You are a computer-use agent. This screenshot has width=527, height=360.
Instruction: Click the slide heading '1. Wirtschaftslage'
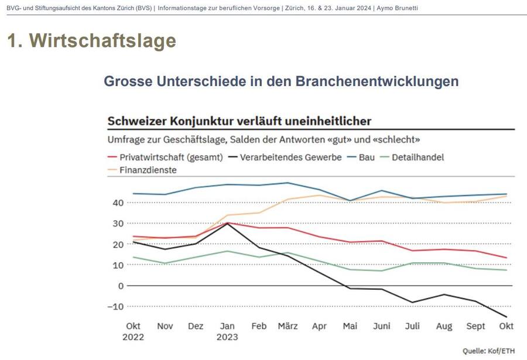pos(91,40)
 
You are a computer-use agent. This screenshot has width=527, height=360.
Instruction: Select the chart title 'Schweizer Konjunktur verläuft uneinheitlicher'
pos(239,121)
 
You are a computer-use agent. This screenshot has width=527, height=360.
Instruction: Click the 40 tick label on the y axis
pos(118,203)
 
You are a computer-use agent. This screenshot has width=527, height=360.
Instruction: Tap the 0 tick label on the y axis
pos(121,286)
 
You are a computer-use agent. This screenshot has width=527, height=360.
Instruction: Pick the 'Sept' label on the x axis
pos(475,326)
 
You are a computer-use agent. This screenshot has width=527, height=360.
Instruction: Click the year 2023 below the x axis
pos(227,337)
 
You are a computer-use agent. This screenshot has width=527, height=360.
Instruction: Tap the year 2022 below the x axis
pos(134,337)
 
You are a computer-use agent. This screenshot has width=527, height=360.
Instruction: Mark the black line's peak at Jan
pos(227,223)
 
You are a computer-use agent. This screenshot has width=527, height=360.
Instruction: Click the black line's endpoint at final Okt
pos(506,317)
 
